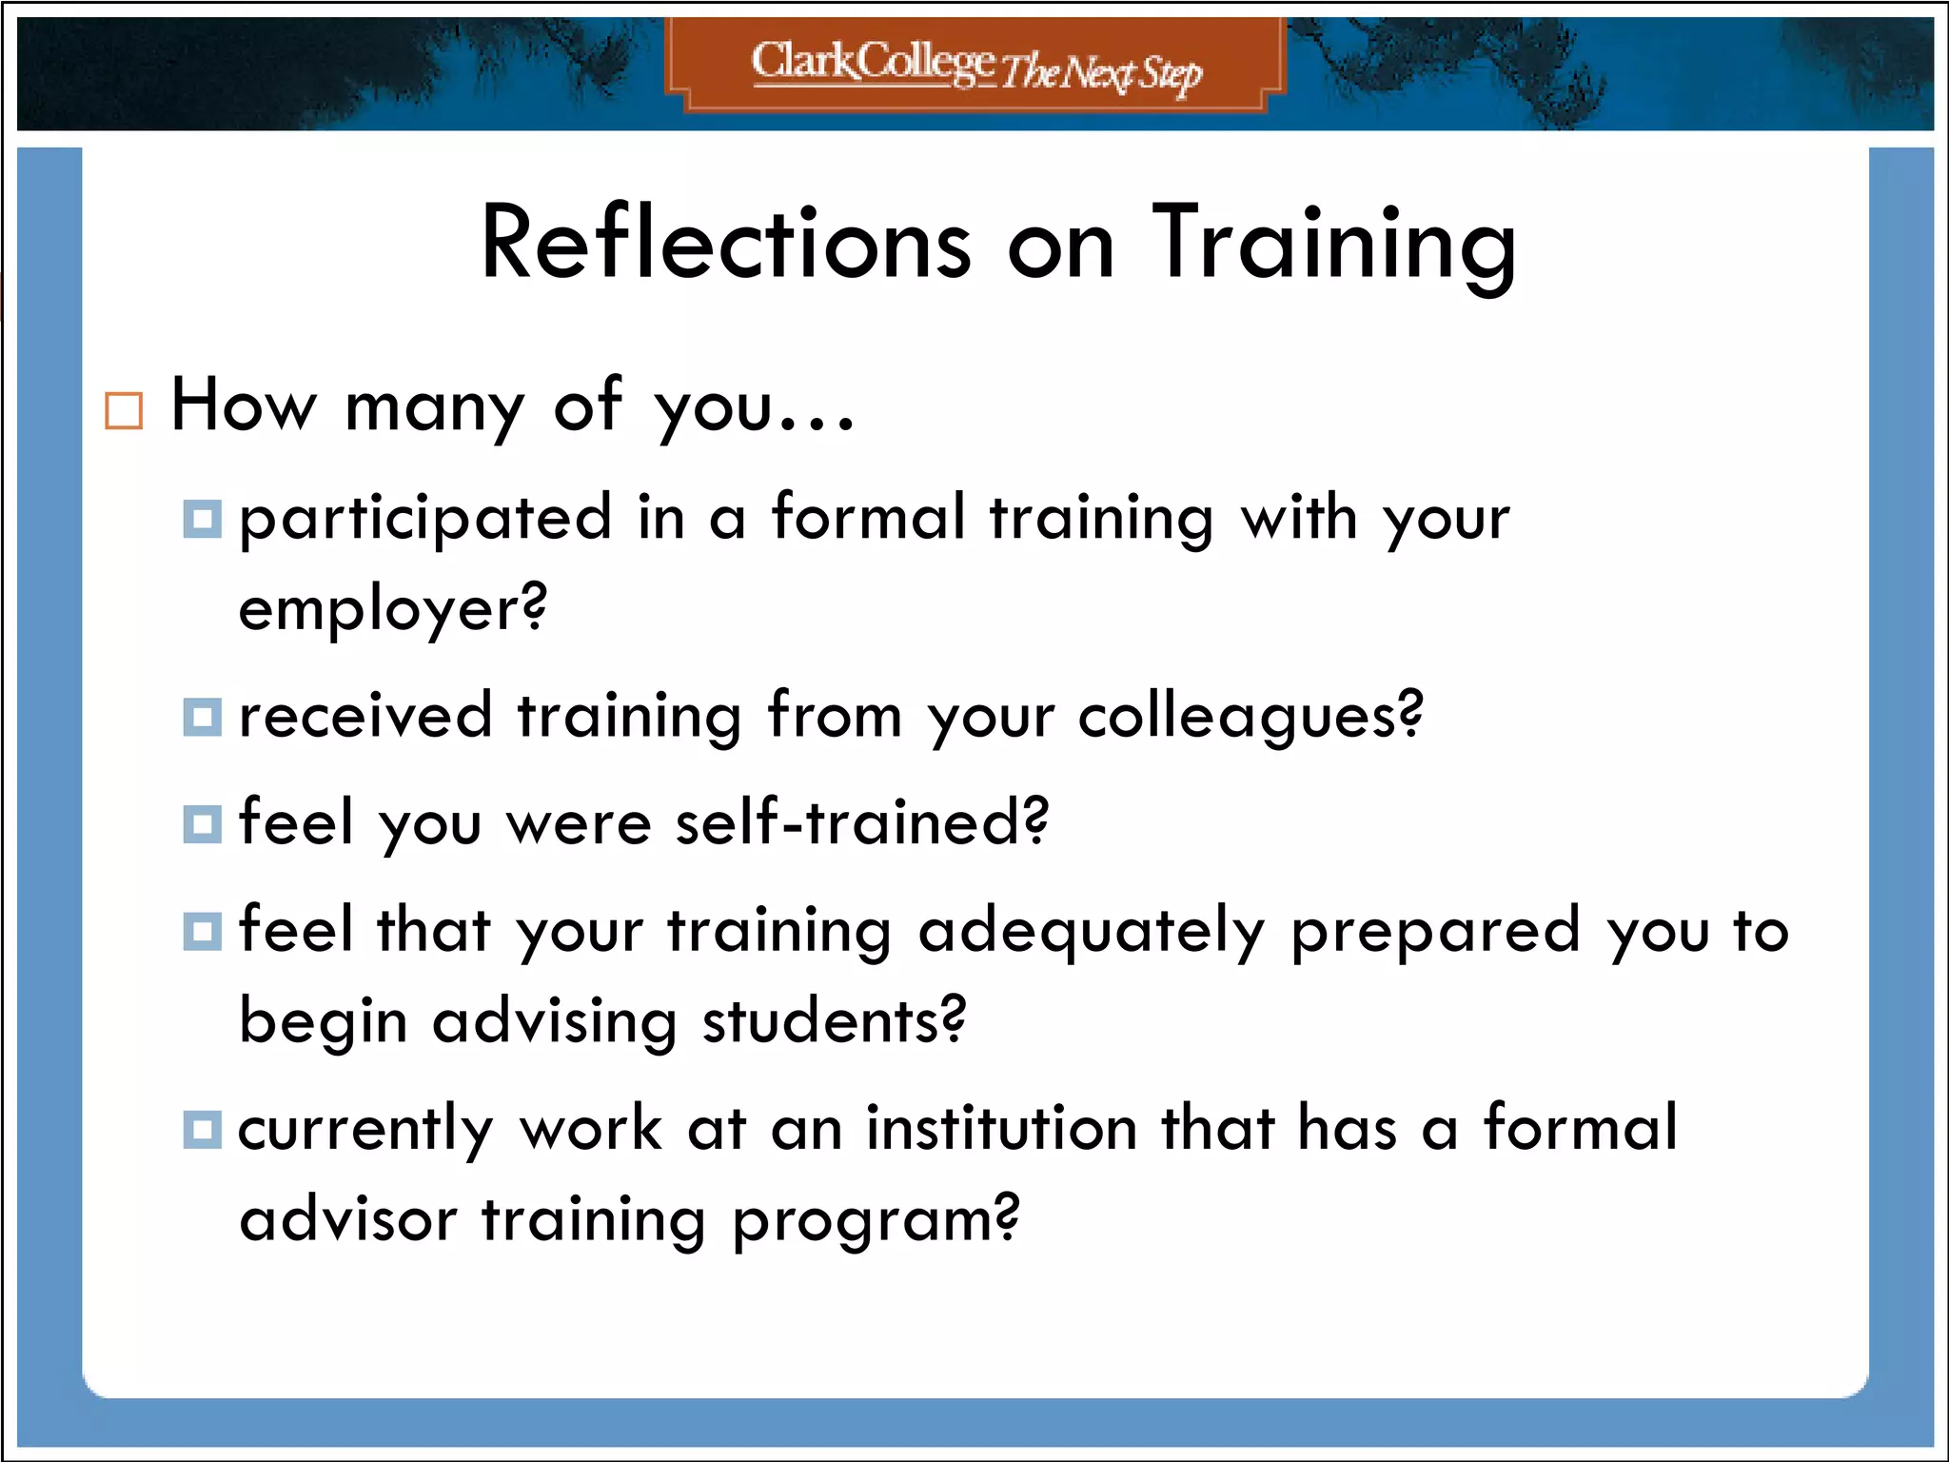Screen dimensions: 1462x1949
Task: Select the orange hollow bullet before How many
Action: tap(124, 411)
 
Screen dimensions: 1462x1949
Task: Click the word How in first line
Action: tap(244, 406)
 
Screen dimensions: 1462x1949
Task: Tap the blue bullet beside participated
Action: tap(202, 519)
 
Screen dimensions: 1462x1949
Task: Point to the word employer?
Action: tap(392, 610)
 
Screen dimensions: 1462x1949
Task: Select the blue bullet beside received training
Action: tap(202, 717)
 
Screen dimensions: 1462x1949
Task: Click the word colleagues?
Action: tap(1250, 717)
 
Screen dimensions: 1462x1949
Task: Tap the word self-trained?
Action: tap(861, 822)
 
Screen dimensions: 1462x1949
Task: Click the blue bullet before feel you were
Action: tap(202, 823)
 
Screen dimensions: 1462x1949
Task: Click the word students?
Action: tap(834, 1021)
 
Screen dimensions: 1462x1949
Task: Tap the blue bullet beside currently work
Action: tap(202, 1130)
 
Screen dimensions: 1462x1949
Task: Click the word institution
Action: tap(1001, 1130)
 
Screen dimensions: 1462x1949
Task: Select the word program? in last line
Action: tap(876, 1221)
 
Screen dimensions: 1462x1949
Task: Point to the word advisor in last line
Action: tap(348, 1219)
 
